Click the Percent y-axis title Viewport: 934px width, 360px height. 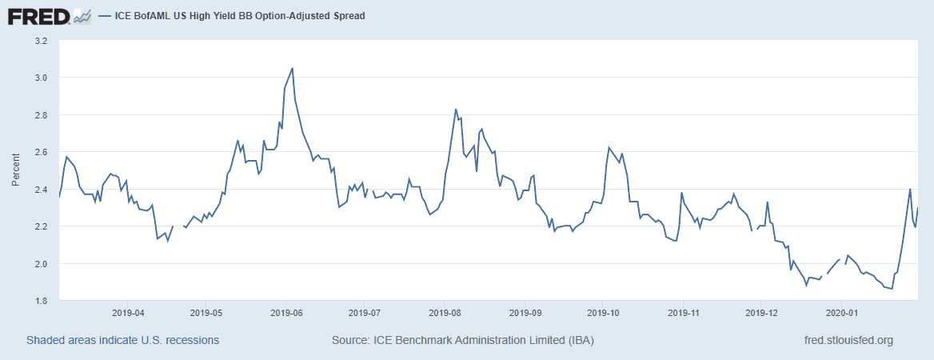[15, 170]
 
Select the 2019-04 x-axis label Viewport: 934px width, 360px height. [128, 313]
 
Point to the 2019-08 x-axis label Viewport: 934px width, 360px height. [445, 313]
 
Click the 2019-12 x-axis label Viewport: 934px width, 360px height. [762, 313]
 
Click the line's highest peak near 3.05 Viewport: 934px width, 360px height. [292, 68]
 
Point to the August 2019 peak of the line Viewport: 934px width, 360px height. [455, 109]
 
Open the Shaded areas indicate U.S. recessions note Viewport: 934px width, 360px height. [122, 340]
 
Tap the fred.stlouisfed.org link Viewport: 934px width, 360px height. [848, 340]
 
